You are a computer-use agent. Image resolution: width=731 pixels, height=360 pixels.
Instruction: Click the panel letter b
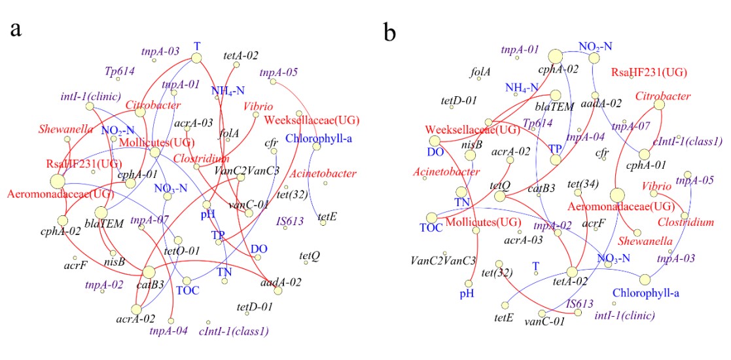point(389,33)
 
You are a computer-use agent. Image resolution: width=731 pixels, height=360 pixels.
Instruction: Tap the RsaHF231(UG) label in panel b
point(649,72)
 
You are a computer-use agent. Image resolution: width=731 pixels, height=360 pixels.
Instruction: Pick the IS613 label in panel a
point(289,221)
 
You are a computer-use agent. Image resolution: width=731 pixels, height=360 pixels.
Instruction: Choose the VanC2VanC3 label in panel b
point(443,261)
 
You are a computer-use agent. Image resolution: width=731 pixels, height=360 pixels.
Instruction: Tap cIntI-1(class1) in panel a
point(232,331)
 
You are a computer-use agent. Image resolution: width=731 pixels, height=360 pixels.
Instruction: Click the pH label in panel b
point(467,293)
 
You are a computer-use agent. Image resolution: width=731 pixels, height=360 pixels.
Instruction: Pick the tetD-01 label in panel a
point(255,306)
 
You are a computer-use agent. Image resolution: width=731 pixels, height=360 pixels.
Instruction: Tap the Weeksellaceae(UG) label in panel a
point(308,120)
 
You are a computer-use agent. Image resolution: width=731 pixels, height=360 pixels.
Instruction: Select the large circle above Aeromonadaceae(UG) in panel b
point(616,195)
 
